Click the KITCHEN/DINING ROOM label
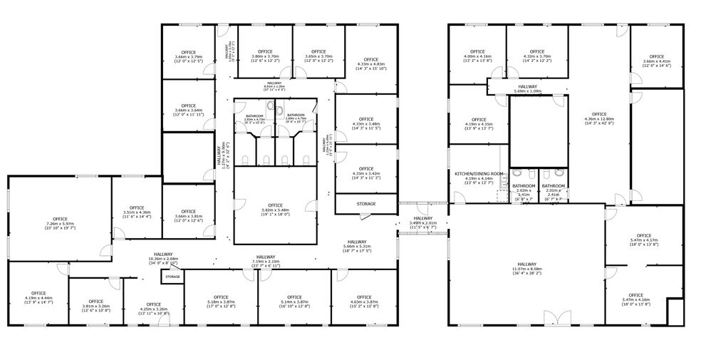point(479,174)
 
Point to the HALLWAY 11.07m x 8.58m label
point(527,267)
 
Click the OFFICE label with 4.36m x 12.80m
point(598,114)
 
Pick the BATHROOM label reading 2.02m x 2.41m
point(523,186)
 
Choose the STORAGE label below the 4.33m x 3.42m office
point(365,205)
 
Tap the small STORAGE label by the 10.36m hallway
point(172,276)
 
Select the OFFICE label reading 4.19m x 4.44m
point(38,294)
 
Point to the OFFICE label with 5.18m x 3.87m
point(220,297)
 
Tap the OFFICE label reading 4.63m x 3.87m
point(363,297)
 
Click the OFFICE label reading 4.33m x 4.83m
point(370,60)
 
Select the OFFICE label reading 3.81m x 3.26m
point(96,302)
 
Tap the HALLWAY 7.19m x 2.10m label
point(266,257)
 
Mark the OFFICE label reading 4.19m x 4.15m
point(478,120)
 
